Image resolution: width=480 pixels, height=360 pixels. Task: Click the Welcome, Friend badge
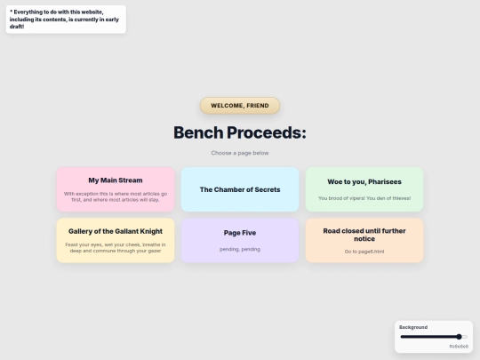click(240, 106)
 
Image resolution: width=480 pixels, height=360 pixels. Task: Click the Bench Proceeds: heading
click(240, 132)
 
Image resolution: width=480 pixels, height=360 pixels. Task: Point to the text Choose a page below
click(240, 153)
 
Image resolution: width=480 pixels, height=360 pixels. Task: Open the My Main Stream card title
click(116, 180)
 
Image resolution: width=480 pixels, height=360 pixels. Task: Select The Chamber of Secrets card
click(240, 189)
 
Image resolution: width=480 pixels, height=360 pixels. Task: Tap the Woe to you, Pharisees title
click(364, 181)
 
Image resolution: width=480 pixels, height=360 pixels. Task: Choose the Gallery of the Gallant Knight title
click(116, 231)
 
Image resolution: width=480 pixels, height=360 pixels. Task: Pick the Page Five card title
click(240, 233)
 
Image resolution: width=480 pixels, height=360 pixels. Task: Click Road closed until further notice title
click(364, 235)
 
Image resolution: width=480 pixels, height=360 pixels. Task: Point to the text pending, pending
click(240, 249)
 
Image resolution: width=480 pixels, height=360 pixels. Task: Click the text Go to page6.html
click(364, 252)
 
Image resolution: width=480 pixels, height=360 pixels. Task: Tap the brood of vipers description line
click(364, 198)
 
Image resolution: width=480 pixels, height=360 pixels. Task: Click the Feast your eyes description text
click(116, 247)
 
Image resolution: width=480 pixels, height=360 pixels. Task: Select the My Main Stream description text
click(116, 196)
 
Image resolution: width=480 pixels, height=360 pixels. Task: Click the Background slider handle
click(459, 337)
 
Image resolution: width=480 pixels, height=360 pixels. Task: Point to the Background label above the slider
click(413, 327)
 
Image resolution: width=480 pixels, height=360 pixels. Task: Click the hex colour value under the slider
click(458, 346)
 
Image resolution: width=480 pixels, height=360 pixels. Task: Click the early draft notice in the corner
click(63, 19)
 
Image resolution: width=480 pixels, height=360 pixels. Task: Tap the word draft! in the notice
click(18, 27)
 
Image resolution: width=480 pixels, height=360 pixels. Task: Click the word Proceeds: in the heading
click(266, 132)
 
